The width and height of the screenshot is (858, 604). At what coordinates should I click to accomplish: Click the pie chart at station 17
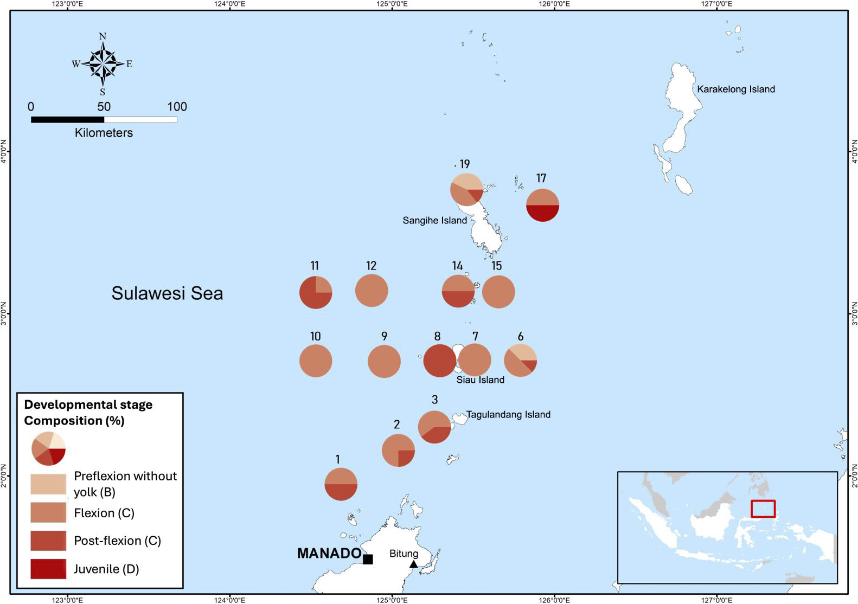pyautogui.click(x=542, y=205)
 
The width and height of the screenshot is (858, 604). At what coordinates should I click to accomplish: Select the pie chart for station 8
pyautogui.click(x=439, y=361)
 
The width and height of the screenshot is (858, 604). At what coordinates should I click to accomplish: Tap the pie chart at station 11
pyautogui.click(x=316, y=292)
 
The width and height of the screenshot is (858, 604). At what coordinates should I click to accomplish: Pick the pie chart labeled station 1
pyautogui.click(x=341, y=484)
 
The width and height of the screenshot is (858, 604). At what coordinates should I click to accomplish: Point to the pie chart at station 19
pyautogui.click(x=466, y=190)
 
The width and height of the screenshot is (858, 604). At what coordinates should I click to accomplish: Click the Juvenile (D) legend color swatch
pyautogui.click(x=48, y=569)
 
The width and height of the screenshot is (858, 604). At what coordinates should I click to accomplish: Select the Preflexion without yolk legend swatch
pyautogui.click(x=48, y=484)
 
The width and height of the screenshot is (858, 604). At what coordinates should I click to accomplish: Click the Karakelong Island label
pyautogui.click(x=735, y=89)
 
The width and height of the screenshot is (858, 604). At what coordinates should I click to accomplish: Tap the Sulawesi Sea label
pyautogui.click(x=167, y=293)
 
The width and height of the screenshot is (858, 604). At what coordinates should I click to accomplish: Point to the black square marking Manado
pyautogui.click(x=368, y=559)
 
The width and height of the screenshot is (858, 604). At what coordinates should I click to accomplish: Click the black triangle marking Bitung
pyautogui.click(x=413, y=564)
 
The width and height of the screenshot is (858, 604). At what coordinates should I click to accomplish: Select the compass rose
pyautogui.click(x=103, y=63)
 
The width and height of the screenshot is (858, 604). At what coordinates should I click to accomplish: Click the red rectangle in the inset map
pyautogui.click(x=763, y=509)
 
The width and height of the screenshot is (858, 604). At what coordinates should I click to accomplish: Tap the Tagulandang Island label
pyautogui.click(x=508, y=415)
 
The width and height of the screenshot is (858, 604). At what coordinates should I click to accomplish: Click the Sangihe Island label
pyautogui.click(x=434, y=221)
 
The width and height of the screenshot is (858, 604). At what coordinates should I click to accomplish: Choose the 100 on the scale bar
pyautogui.click(x=177, y=107)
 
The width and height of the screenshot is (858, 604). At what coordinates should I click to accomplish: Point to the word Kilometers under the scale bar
pyautogui.click(x=104, y=133)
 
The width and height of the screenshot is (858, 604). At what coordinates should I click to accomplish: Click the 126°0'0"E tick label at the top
pyautogui.click(x=554, y=4)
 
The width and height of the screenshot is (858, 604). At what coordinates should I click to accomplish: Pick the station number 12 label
pyautogui.click(x=371, y=266)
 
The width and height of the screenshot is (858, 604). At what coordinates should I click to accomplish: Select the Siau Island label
pyautogui.click(x=480, y=380)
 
